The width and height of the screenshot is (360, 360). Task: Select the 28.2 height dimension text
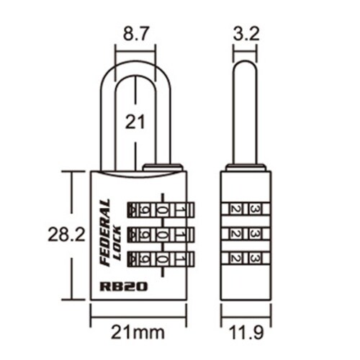pyautogui.click(x=66, y=234)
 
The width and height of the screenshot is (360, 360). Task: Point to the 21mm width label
pyautogui.click(x=138, y=333)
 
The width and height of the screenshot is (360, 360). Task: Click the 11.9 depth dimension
pyautogui.click(x=246, y=333)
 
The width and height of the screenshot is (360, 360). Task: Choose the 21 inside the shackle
pyautogui.click(x=135, y=122)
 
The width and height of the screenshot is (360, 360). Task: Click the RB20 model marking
pyautogui.click(x=123, y=286)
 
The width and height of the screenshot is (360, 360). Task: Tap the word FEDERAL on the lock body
pyautogui.click(x=105, y=232)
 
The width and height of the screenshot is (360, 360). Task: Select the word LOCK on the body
pyautogui.click(x=117, y=243)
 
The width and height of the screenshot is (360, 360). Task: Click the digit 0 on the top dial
pyautogui.click(x=161, y=210)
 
